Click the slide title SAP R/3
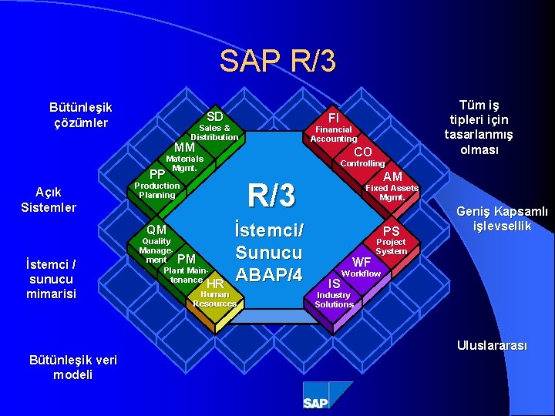pyautogui.click(x=277, y=61)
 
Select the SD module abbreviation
pyautogui.click(x=215, y=116)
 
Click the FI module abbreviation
pyautogui.click(x=334, y=118)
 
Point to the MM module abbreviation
pyautogui.click(x=184, y=148)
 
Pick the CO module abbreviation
pyautogui.click(x=363, y=152)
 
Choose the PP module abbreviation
pyautogui.click(x=157, y=174)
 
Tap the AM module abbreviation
pyautogui.click(x=393, y=177)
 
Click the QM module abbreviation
pyautogui.click(x=156, y=230)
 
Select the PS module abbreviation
pyautogui.click(x=392, y=231)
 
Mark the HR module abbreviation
pyautogui.click(x=215, y=283)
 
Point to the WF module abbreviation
pyautogui.click(x=362, y=262)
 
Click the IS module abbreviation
pyautogui.click(x=334, y=283)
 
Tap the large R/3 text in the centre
pyautogui.click(x=271, y=196)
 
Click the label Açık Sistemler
pyautogui.click(x=49, y=200)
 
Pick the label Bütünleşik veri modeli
pyautogui.click(x=72, y=367)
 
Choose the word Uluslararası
pyautogui.click(x=491, y=346)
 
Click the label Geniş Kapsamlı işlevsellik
pyautogui.click(x=502, y=218)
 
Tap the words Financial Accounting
pyautogui.click(x=333, y=135)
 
